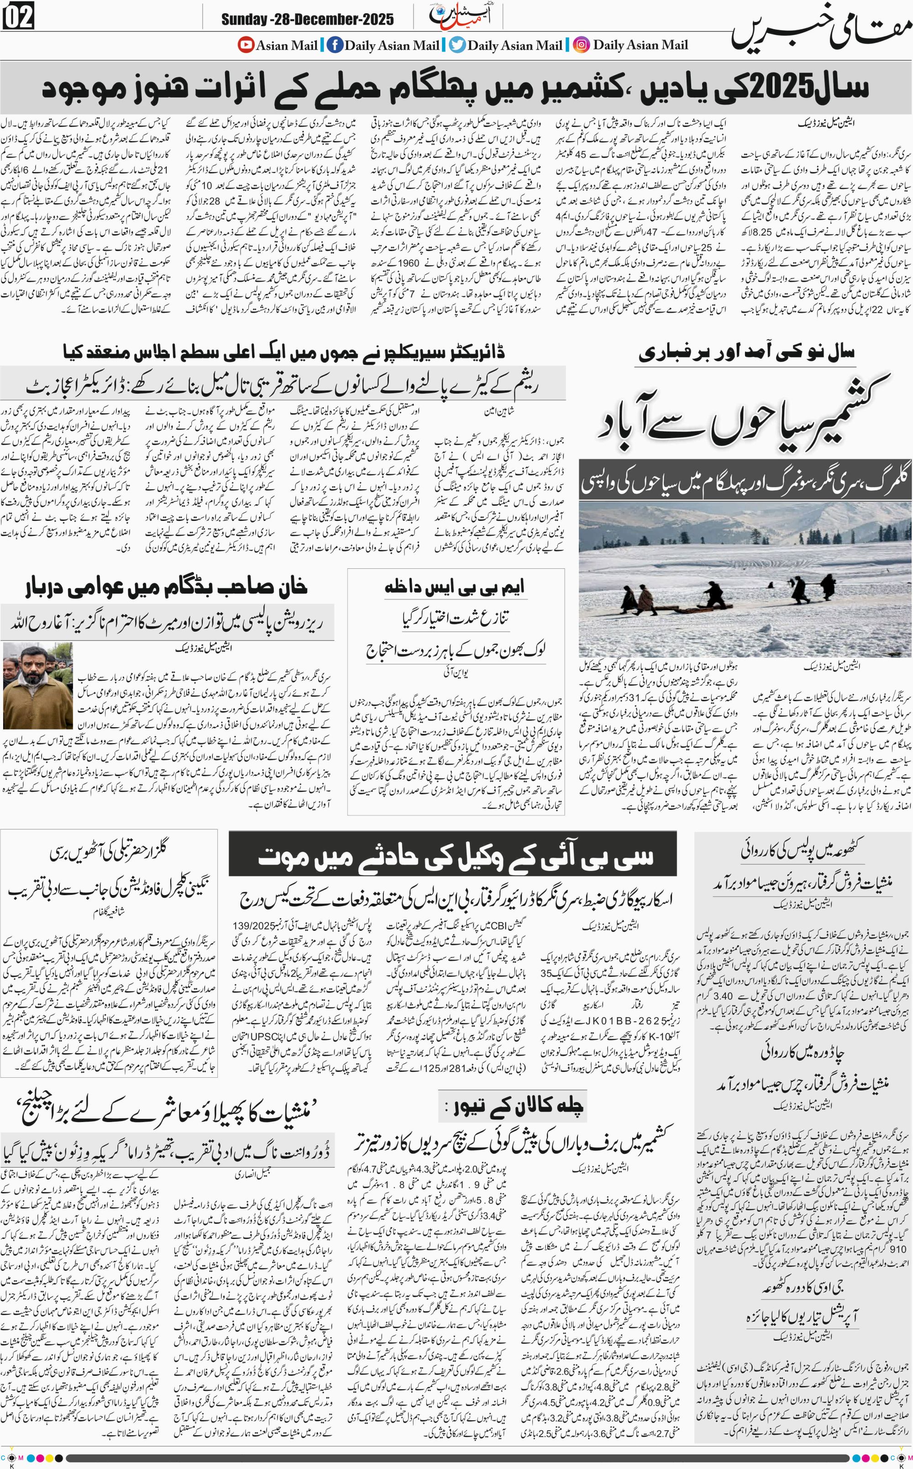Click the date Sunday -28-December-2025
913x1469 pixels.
[x=307, y=19]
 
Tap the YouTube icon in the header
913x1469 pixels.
[x=246, y=45]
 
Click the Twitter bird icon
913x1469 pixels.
[x=458, y=45]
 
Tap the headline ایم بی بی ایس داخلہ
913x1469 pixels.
[x=455, y=587]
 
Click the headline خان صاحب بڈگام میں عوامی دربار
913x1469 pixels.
[x=166, y=588]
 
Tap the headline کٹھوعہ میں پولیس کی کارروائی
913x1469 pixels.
[x=802, y=850]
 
